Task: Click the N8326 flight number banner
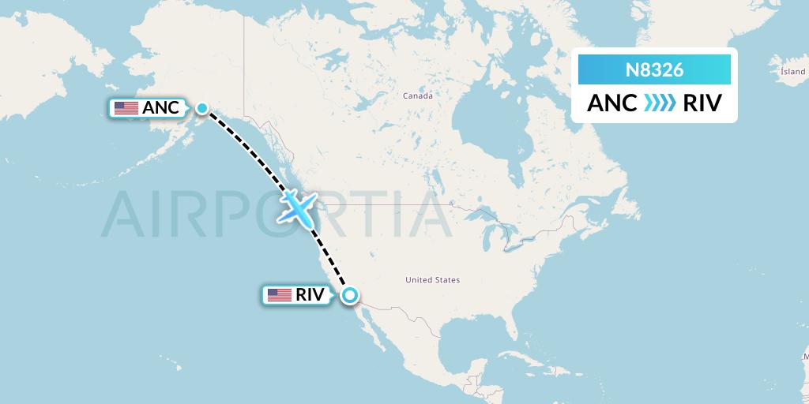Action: pos(654,70)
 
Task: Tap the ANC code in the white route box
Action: pos(611,103)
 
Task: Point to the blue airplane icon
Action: pos(297,206)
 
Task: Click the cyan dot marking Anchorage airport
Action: pos(202,108)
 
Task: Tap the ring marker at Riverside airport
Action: pos(349,296)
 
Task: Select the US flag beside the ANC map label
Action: pos(126,109)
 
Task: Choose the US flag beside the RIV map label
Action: pos(279,296)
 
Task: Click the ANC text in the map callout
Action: pos(160,109)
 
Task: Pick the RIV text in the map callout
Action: pos(310,296)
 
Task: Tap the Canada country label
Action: pos(418,95)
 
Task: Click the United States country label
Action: pos(432,280)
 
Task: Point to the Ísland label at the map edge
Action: pos(792,71)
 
